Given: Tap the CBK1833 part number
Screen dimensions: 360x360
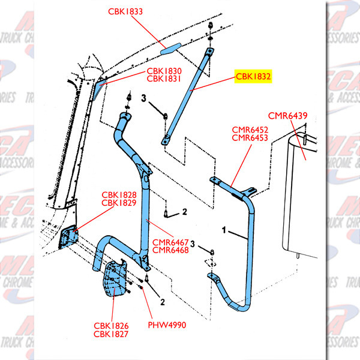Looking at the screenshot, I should click(126, 11).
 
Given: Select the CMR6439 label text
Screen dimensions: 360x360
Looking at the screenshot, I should click(287, 115).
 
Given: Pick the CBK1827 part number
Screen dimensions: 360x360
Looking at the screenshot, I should click(110, 334).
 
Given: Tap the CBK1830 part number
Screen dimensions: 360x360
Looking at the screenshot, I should click(164, 70).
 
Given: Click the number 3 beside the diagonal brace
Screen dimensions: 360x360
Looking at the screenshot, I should click(144, 98).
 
